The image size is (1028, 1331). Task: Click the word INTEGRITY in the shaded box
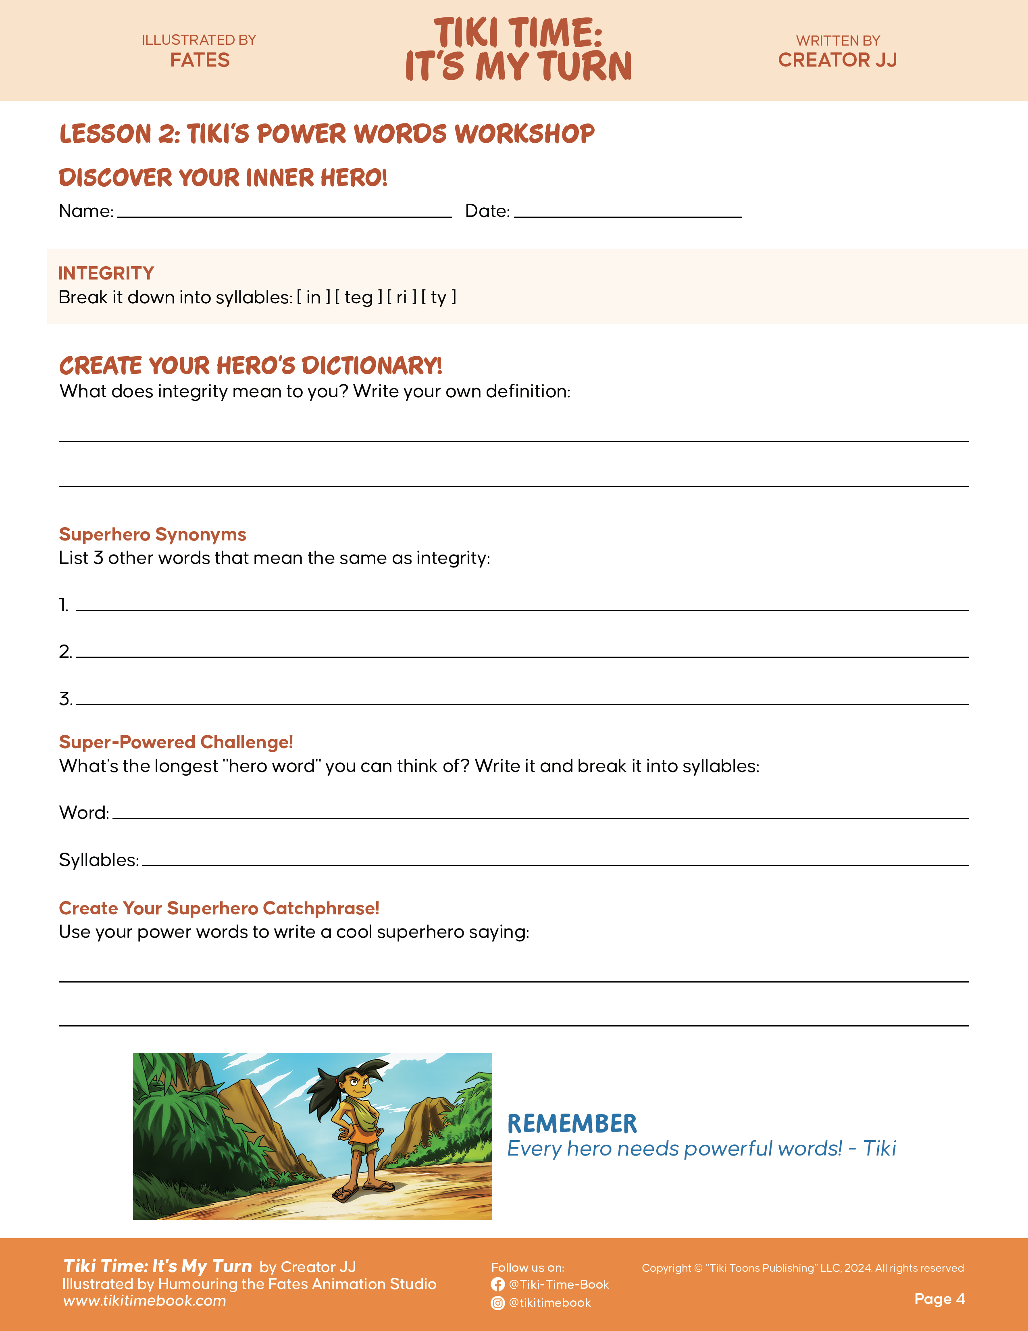[x=106, y=273]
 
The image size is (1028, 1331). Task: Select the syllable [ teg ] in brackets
[x=359, y=297]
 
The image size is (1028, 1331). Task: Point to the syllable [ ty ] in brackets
[x=439, y=297]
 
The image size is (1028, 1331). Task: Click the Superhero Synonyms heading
[x=152, y=534]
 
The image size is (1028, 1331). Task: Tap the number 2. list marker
[x=65, y=651]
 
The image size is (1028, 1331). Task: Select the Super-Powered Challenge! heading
[x=176, y=742]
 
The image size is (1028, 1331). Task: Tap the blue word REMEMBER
[x=572, y=1124]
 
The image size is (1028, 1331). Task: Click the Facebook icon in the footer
[x=497, y=1285]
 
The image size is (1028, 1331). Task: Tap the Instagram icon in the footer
[x=497, y=1303]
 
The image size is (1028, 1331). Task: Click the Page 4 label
[x=939, y=1299]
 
